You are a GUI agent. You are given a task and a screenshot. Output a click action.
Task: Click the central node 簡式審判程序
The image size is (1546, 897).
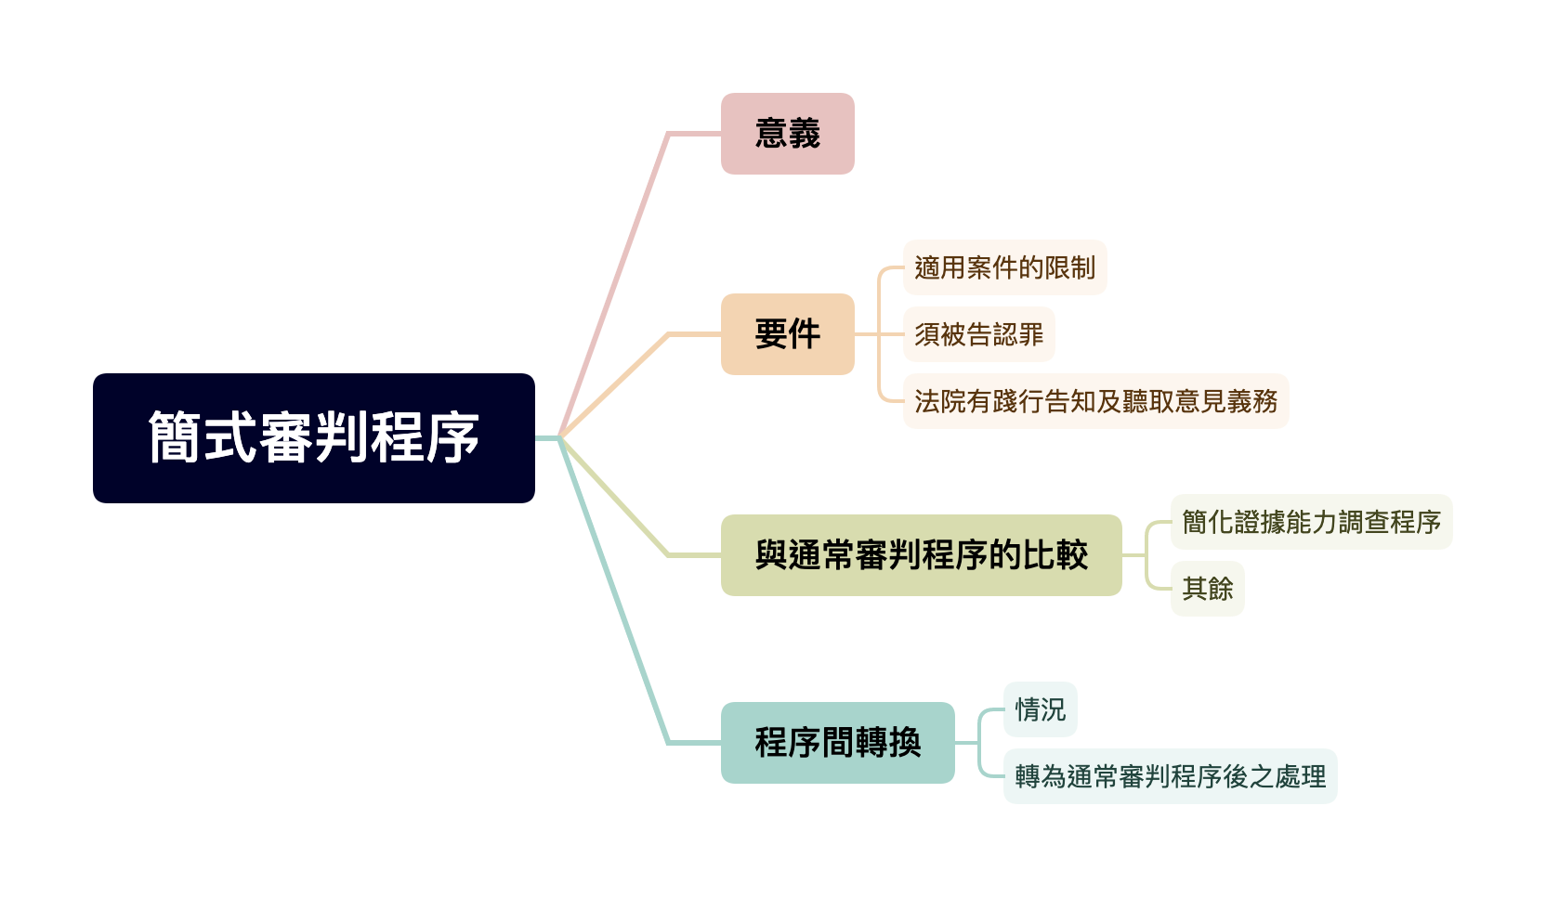[x=314, y=437]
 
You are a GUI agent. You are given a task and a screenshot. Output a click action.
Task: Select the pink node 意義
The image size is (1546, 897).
[x=787, y=134]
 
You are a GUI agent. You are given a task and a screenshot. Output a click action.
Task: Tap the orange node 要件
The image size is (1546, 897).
[x=787, y=334]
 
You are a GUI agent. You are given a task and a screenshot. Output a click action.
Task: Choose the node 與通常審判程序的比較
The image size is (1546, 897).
[x=921, y=555]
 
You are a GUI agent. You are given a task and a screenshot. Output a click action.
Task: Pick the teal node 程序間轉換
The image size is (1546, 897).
[x=837, y=743]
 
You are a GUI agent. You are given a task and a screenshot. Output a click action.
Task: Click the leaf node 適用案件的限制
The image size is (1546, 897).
[x=1004, y=267]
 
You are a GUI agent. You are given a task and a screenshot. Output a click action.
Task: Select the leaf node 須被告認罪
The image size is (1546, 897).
[x=978, y=334]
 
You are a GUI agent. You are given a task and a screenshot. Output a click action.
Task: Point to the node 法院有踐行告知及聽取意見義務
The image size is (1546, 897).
[x=1095, y=401]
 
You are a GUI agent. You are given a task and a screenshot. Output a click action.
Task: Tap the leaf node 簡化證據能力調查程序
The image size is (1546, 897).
[x=1311, y=522]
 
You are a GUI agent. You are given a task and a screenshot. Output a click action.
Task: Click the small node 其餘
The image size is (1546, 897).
[x=1207, y=589]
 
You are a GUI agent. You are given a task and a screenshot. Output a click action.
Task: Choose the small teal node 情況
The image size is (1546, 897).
[x=1040, y=709]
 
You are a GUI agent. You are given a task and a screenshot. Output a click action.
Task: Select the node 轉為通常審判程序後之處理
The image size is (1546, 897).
[x=1170, y=776]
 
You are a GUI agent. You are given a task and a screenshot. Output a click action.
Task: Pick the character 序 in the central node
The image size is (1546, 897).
[x=452, y=437]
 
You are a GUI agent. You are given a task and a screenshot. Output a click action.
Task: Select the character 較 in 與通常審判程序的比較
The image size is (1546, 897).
[x=1071, y=555]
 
